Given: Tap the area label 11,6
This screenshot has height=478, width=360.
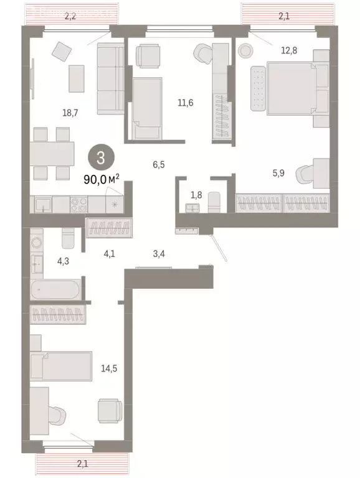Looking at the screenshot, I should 185,103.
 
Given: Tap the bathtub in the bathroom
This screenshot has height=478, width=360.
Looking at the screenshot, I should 55,289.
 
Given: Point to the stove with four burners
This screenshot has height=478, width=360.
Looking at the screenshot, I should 80,203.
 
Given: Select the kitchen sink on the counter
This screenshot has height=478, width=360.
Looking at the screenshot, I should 43,204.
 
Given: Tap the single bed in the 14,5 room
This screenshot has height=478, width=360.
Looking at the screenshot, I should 62,366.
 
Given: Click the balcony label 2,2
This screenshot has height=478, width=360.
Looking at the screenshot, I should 70,17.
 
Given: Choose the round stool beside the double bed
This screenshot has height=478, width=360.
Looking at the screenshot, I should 244,49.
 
